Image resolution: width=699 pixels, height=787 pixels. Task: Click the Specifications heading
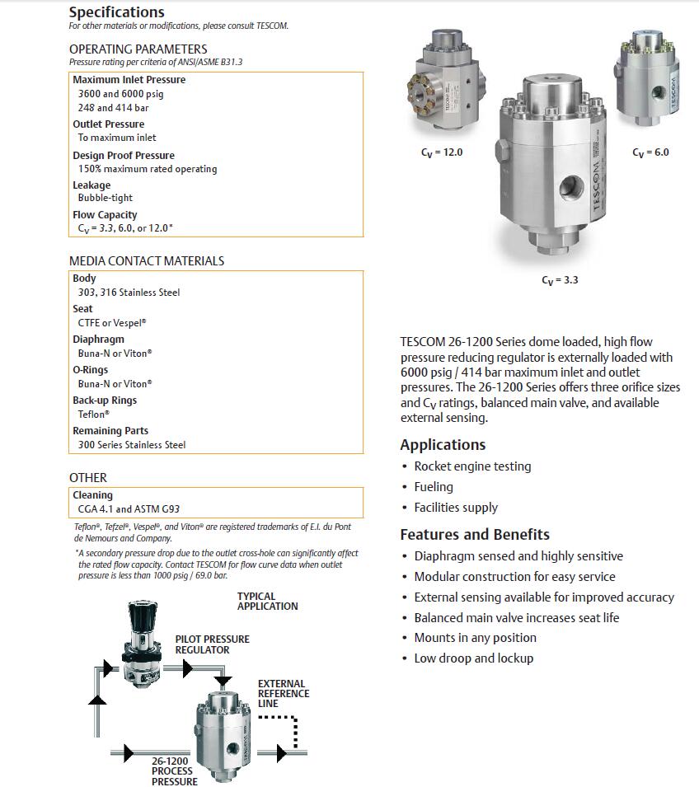click(x=116, y=12)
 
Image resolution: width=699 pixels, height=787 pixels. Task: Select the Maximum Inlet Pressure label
click(x=129, y=80)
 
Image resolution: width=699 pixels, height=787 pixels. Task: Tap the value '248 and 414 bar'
click(x=113, y=108)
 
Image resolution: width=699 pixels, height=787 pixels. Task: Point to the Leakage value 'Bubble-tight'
click(x=105, y=198)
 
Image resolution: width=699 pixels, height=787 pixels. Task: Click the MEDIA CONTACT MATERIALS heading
click(x=146, y=261)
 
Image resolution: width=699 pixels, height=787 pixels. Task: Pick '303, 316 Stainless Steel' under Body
click(x=129, y=293)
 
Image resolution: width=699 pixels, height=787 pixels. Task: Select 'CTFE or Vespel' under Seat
click(x=111, y=323)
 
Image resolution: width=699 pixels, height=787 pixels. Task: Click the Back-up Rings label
click(x=105, y=401)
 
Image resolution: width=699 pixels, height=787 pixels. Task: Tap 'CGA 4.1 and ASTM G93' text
click(x=129, y=509)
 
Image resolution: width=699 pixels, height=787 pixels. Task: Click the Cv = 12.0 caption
click(x=442, y=152)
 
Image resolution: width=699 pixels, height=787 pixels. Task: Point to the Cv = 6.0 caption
click(x=650, y=152)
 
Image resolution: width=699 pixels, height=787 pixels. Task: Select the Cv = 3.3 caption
click(x=560, y=280)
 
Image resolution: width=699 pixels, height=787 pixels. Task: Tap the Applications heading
click(x=443, y=445)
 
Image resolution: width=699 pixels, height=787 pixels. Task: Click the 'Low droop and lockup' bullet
click(x=473, y=658)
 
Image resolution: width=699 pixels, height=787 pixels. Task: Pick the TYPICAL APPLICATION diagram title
click(x=267, y=602)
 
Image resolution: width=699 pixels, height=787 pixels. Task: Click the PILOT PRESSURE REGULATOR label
click(x=212, y=644)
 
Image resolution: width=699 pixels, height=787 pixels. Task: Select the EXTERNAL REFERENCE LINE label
click(x=284, y=694)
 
